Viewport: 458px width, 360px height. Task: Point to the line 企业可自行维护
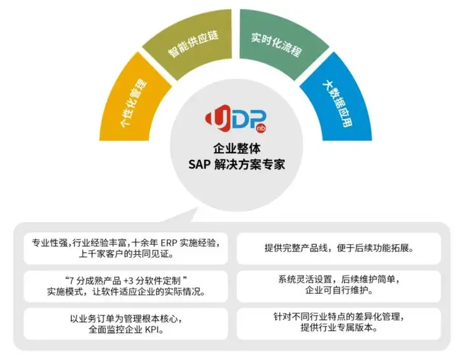point(338,291)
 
